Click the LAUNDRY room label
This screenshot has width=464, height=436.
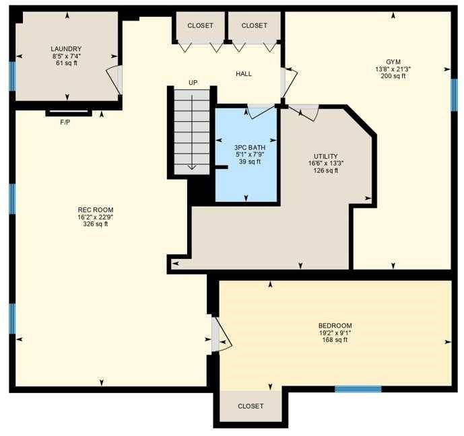coord(66,48)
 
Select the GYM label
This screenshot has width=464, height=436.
coord(393,61)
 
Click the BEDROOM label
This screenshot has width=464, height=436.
coord(335,325)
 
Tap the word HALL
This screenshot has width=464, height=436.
coord(244,73)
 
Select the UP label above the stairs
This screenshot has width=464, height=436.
coord(193,83)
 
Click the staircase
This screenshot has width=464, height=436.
coord(193,131)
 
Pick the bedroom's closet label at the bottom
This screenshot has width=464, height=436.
coord(251,406)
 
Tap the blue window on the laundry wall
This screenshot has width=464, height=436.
coord(12,76)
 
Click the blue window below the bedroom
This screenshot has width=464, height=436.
coord(358,389)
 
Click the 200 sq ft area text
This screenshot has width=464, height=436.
coord(393,76)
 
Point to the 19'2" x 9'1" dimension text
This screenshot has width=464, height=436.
coord(335,332)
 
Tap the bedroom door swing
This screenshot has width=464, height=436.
coord(222,335)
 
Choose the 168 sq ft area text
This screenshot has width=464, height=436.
coord(335,340)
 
